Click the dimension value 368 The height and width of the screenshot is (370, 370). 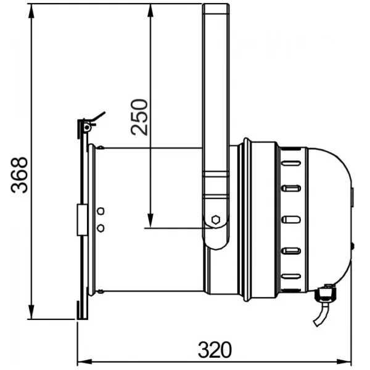click(x=19, y=175)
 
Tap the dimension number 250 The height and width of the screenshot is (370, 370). click(x=139, y=117)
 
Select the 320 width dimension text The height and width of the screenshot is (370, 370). click(x=215, y=350)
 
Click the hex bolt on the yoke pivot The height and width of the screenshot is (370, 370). click(x=216, y=220)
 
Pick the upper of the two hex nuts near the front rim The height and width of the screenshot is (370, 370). click(x=101, y=211)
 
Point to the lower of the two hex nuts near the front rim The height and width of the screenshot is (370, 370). click(x=101, y=228)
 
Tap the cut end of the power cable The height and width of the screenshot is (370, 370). click(x=316, y=323)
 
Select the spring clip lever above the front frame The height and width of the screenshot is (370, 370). click(x=98, y=117)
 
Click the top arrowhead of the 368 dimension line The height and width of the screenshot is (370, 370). click(x=31, y=11)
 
